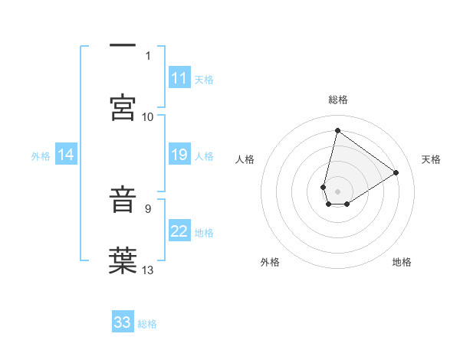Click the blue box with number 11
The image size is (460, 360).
point(179,78)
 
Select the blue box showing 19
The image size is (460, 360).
point(179,155)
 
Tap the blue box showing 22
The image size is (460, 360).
point(179,231)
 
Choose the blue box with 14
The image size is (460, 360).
point(66,155)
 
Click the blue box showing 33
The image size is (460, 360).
point(123,322)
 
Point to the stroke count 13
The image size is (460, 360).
point(149,270)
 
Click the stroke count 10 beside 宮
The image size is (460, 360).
point(148,116)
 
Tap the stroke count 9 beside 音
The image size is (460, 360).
point(148,208)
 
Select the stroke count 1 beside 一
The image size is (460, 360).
point(148,55)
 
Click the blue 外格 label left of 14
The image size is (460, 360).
point(41,156)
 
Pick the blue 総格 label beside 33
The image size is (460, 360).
point(147,324)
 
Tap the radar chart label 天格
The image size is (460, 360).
point(431,159)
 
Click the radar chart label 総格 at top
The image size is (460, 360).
point(337,100)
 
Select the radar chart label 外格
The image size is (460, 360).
point(270,262)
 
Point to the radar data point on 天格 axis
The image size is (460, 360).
point(396,172)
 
